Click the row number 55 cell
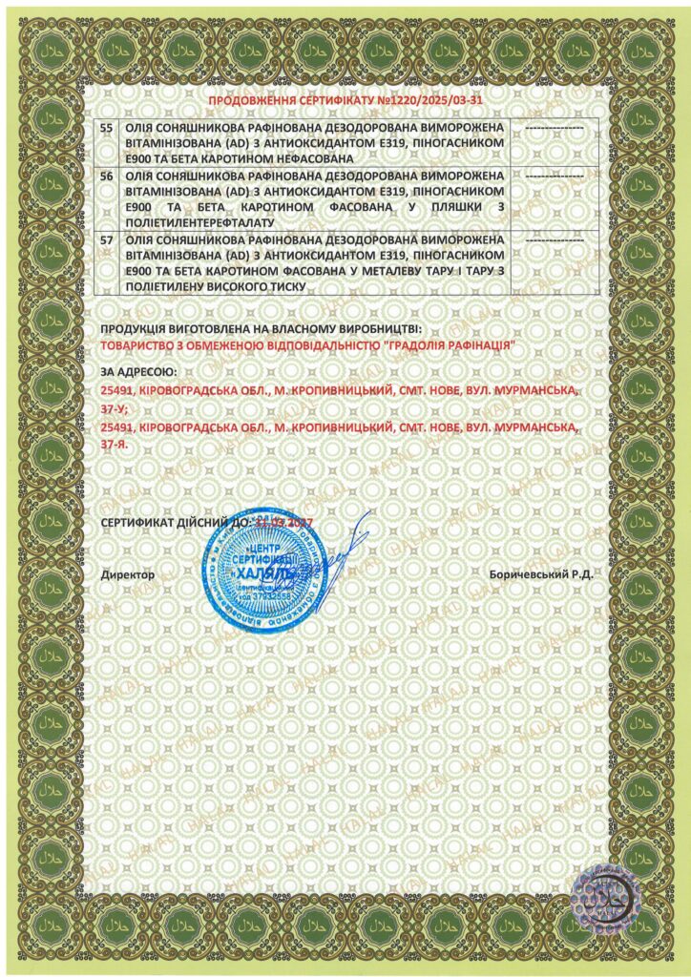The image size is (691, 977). click(x=106, y=126)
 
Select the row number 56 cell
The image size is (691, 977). click(x=106, y=177)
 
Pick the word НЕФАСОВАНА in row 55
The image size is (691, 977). click(x=315, y=156)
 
